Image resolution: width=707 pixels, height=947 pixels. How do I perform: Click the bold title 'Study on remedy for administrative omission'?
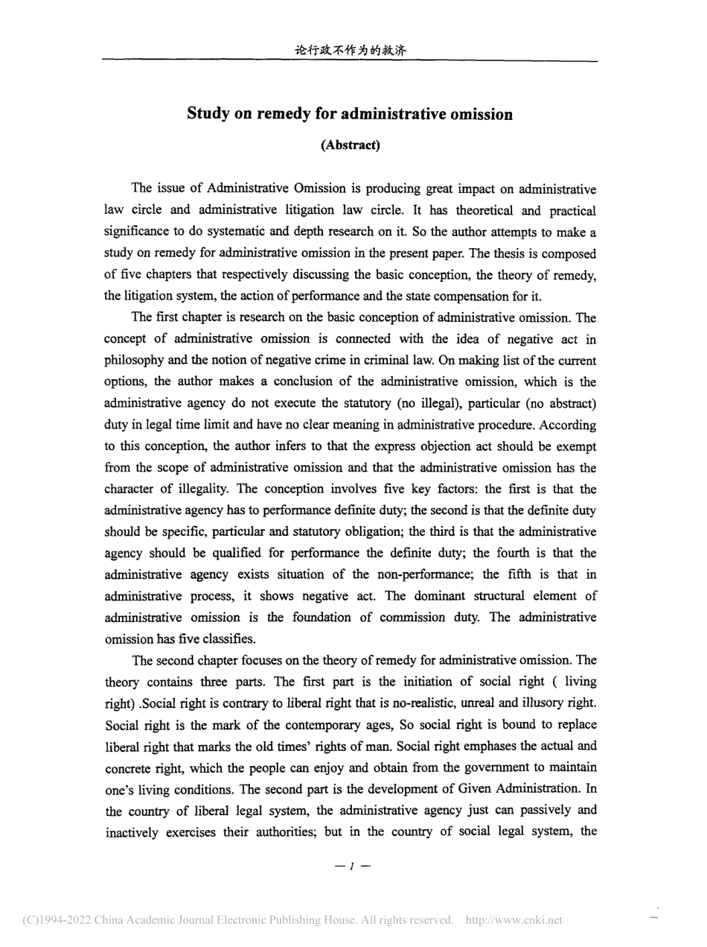350,115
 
